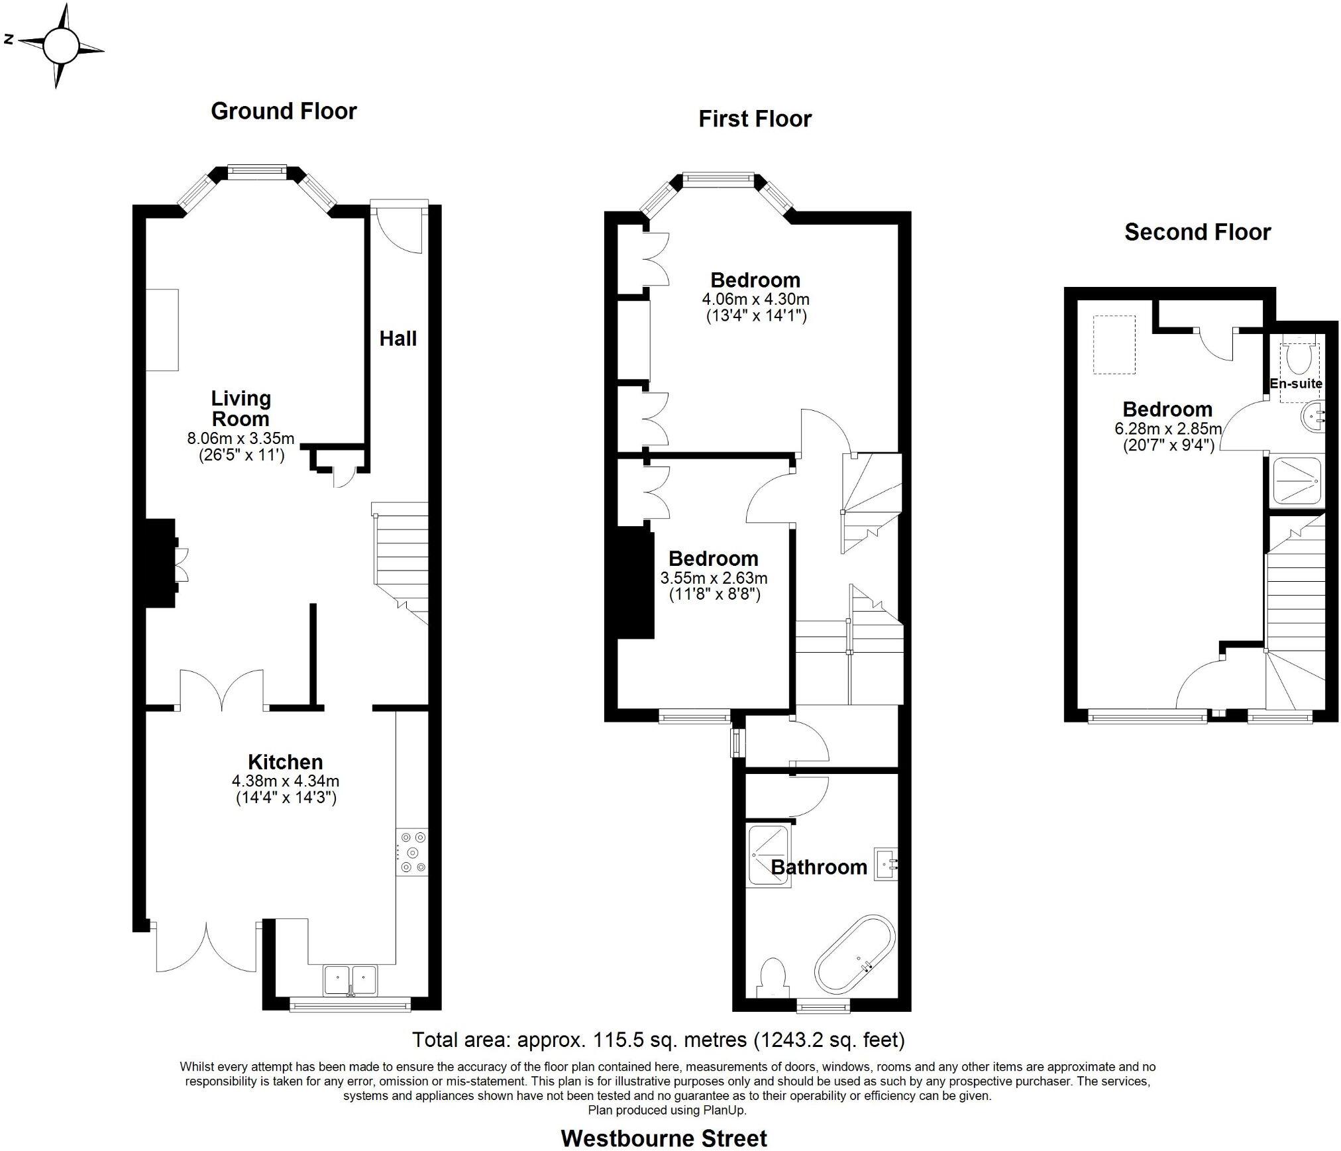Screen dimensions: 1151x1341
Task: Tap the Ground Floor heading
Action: [284, 111]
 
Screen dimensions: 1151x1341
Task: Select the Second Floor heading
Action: [1197, 232]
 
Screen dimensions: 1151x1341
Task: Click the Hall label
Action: [398, 339]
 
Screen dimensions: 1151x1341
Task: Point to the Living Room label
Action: [241, 408]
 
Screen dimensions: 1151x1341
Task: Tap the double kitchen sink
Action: [350, 981]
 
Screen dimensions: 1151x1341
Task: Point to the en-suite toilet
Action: [1298, 358]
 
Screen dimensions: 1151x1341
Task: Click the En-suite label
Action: [1296, 384]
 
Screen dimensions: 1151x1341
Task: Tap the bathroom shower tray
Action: [769, 855]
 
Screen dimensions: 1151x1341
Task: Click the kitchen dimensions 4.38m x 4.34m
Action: [286, 781]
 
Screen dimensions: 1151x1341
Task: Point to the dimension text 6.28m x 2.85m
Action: [1167, 429]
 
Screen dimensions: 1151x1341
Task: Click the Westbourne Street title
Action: [663, 1138]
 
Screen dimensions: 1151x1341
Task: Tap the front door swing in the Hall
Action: [400, 230]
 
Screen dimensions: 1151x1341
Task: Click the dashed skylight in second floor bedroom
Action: [1114, 345]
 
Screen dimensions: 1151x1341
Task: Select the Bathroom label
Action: [819, 867]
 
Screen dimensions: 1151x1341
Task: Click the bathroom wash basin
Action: [886, 863]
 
